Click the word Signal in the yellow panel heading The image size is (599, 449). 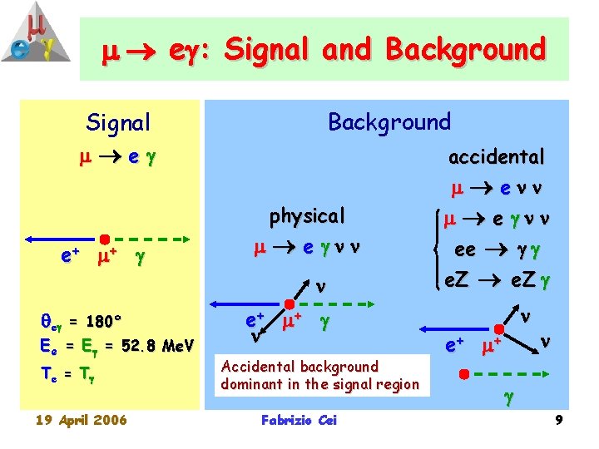[x=118, y=123]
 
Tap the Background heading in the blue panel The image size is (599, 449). [x=389, y=122]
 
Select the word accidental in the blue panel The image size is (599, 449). [x=496, y=156]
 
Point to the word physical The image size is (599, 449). [x=306, y=216]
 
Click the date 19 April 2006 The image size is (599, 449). [x=81, y=420]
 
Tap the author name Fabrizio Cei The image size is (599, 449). [x=299, y=421]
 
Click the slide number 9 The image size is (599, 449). [x=559, y=421]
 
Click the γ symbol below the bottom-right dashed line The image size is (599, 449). [x=508, y=400]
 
